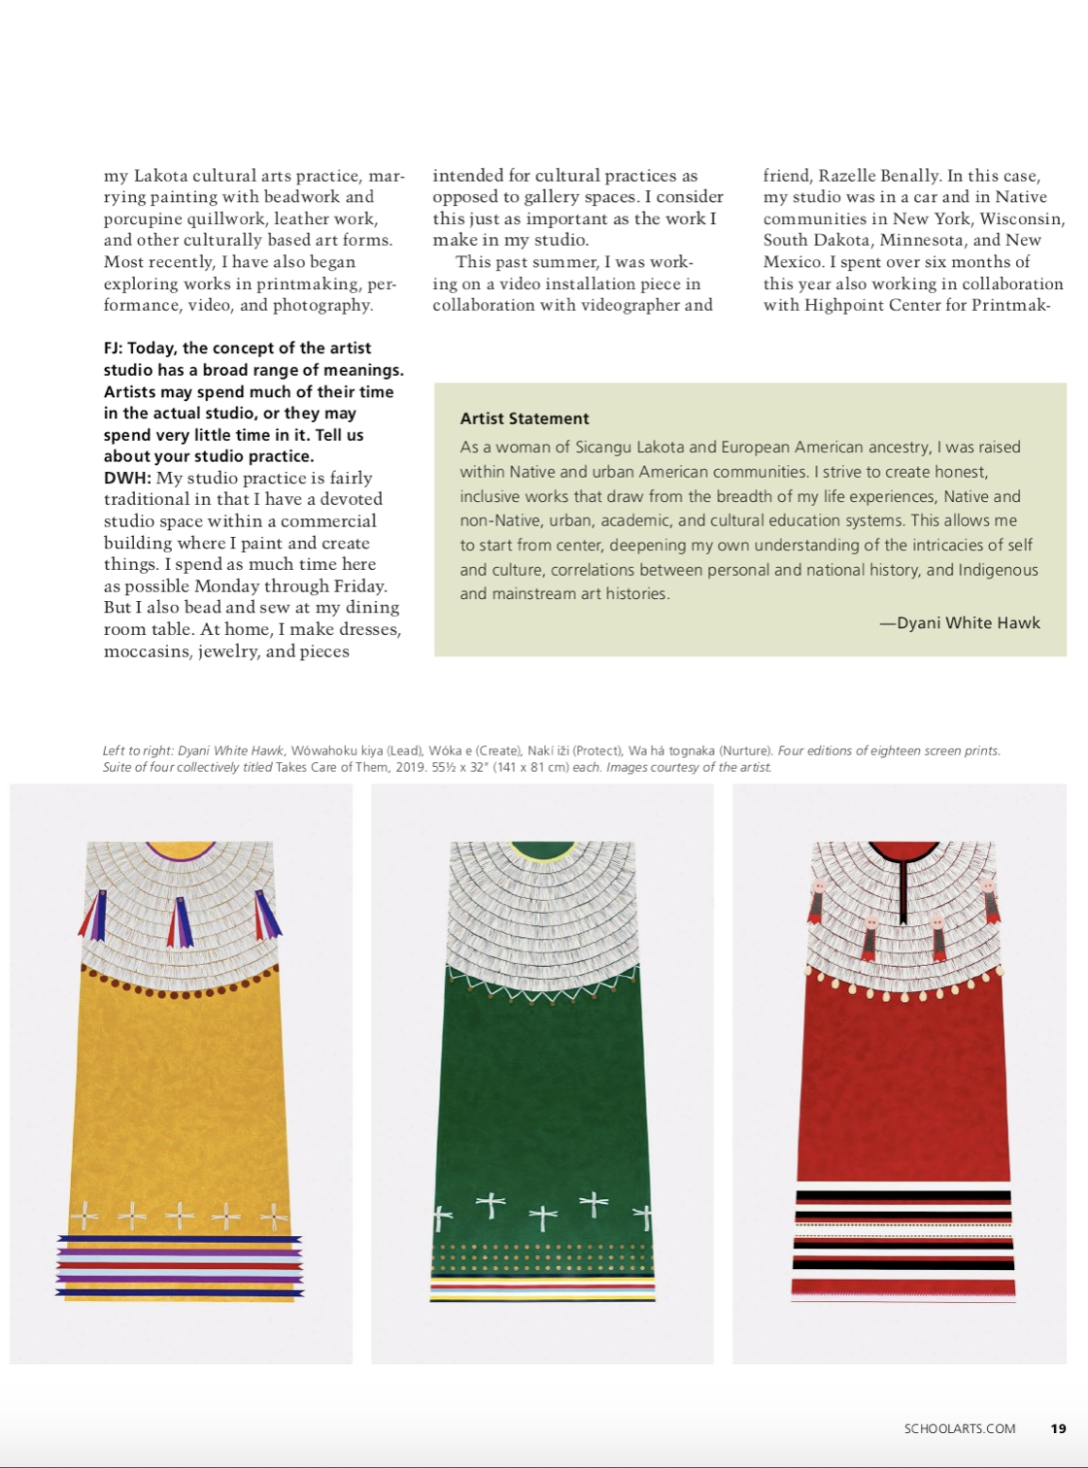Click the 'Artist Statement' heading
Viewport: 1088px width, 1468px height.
(525, 418)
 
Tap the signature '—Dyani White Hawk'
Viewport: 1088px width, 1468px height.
(960, 623)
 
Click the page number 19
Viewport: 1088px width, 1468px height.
(1058, 1428)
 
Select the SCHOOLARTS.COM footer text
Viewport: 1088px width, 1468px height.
(960, 1428)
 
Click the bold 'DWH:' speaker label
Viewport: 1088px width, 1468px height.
(128, 478)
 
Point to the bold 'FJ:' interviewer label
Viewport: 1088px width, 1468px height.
(114, 348)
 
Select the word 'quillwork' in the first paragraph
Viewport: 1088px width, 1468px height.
(224, 218)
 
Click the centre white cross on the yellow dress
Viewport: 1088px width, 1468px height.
(180, 1215)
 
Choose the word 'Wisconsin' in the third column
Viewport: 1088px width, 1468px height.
(1022, 218)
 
